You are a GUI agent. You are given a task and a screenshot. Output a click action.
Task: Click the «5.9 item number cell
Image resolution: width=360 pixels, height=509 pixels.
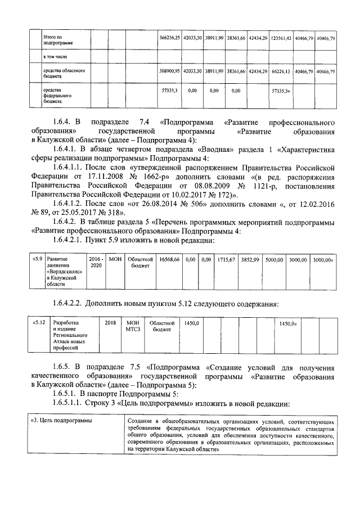(x=37, y=259)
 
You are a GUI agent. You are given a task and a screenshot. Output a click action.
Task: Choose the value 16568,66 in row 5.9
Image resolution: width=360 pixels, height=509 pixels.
(x=169, y=259)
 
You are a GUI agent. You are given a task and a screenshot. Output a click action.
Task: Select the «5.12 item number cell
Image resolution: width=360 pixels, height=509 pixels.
(x=40, y=323)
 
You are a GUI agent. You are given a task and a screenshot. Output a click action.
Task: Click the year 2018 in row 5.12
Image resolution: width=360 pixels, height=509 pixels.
(x=110, y=323)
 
